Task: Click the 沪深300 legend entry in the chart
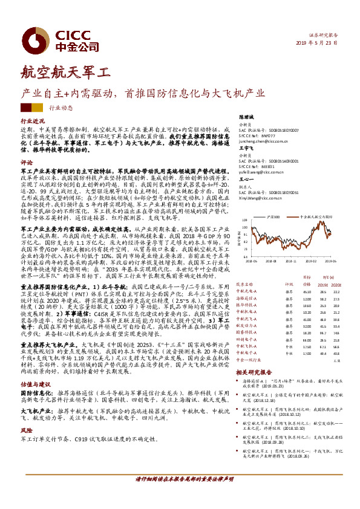(273, 216)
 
